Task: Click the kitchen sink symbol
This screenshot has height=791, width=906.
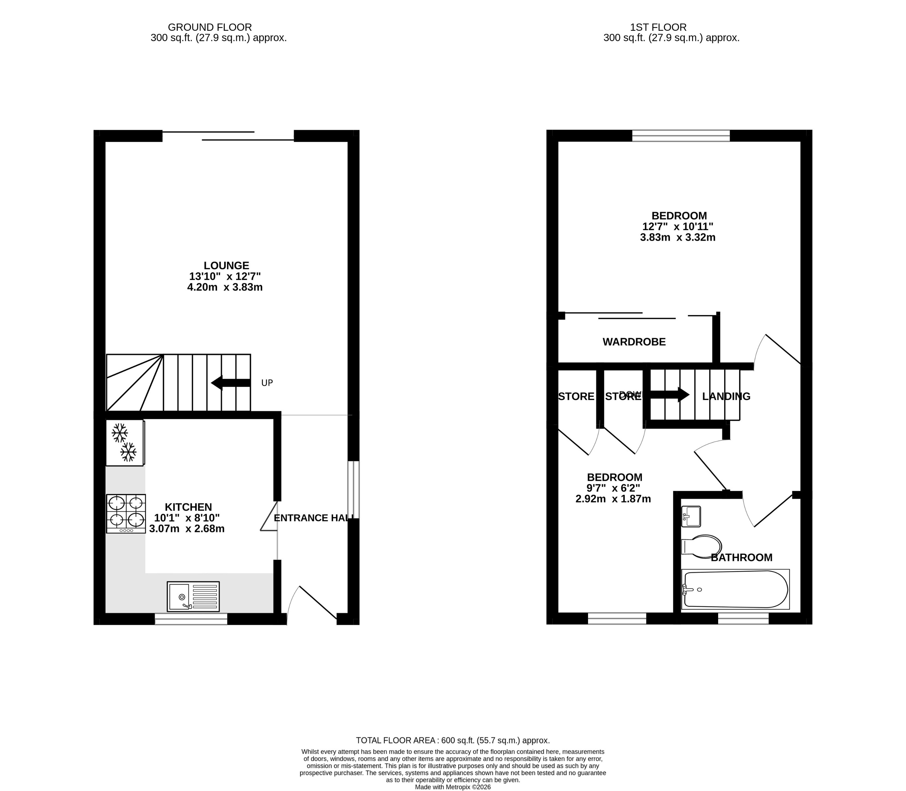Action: pyautogui.click(x=193, y=596)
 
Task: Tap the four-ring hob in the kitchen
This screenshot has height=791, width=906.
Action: pyautogui.click(x=126, y=513)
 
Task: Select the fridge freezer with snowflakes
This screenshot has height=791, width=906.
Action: pyautogui.click(x=125, y=442)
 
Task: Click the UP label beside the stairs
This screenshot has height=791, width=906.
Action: pyautogui.click(x=267, y=383)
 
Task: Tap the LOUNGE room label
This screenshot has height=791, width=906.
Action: pyautogui.click(x=226, y=265)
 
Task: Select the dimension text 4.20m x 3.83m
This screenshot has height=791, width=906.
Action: pyautogui.click(x=225, y=287)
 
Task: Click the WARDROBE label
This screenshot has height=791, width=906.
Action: pyautogui.click(x=634, y=342)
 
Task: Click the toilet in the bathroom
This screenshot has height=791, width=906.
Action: pyautogui.click(x=701, y=546)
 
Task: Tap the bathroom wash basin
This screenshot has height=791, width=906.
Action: pyautogui.click(x=691, y=516)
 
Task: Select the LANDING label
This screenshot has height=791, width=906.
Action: pyautogui.click(x=726, y=396)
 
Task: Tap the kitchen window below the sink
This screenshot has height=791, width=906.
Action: pyautogui.click(x=191, y=619)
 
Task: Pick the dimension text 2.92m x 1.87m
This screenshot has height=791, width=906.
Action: pyautogui.click(x=613, y=499)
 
